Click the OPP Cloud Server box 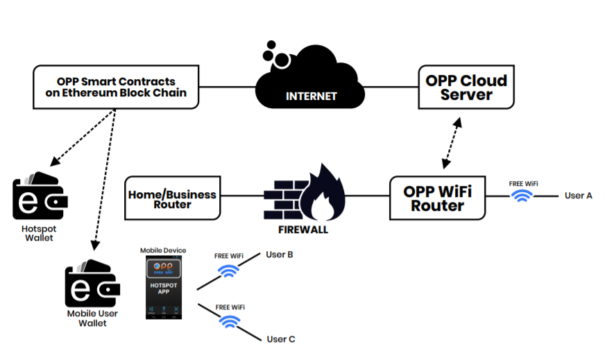[466, 87]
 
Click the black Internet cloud [310, 87]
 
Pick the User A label [578, 196]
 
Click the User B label [280, 255]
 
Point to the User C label [281, 339]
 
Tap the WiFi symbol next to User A [520, 197]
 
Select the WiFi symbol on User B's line [228, 271]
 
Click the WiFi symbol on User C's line [228, 320]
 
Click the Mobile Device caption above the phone [163, 250]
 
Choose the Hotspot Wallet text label [40, 233]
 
